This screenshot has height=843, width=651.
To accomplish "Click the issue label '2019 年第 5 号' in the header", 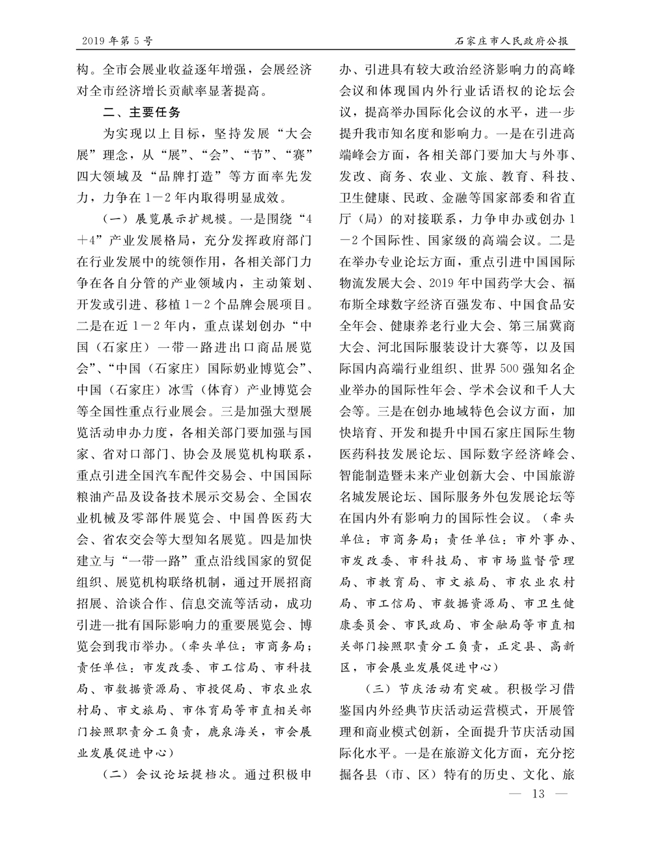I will coord(117,41).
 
